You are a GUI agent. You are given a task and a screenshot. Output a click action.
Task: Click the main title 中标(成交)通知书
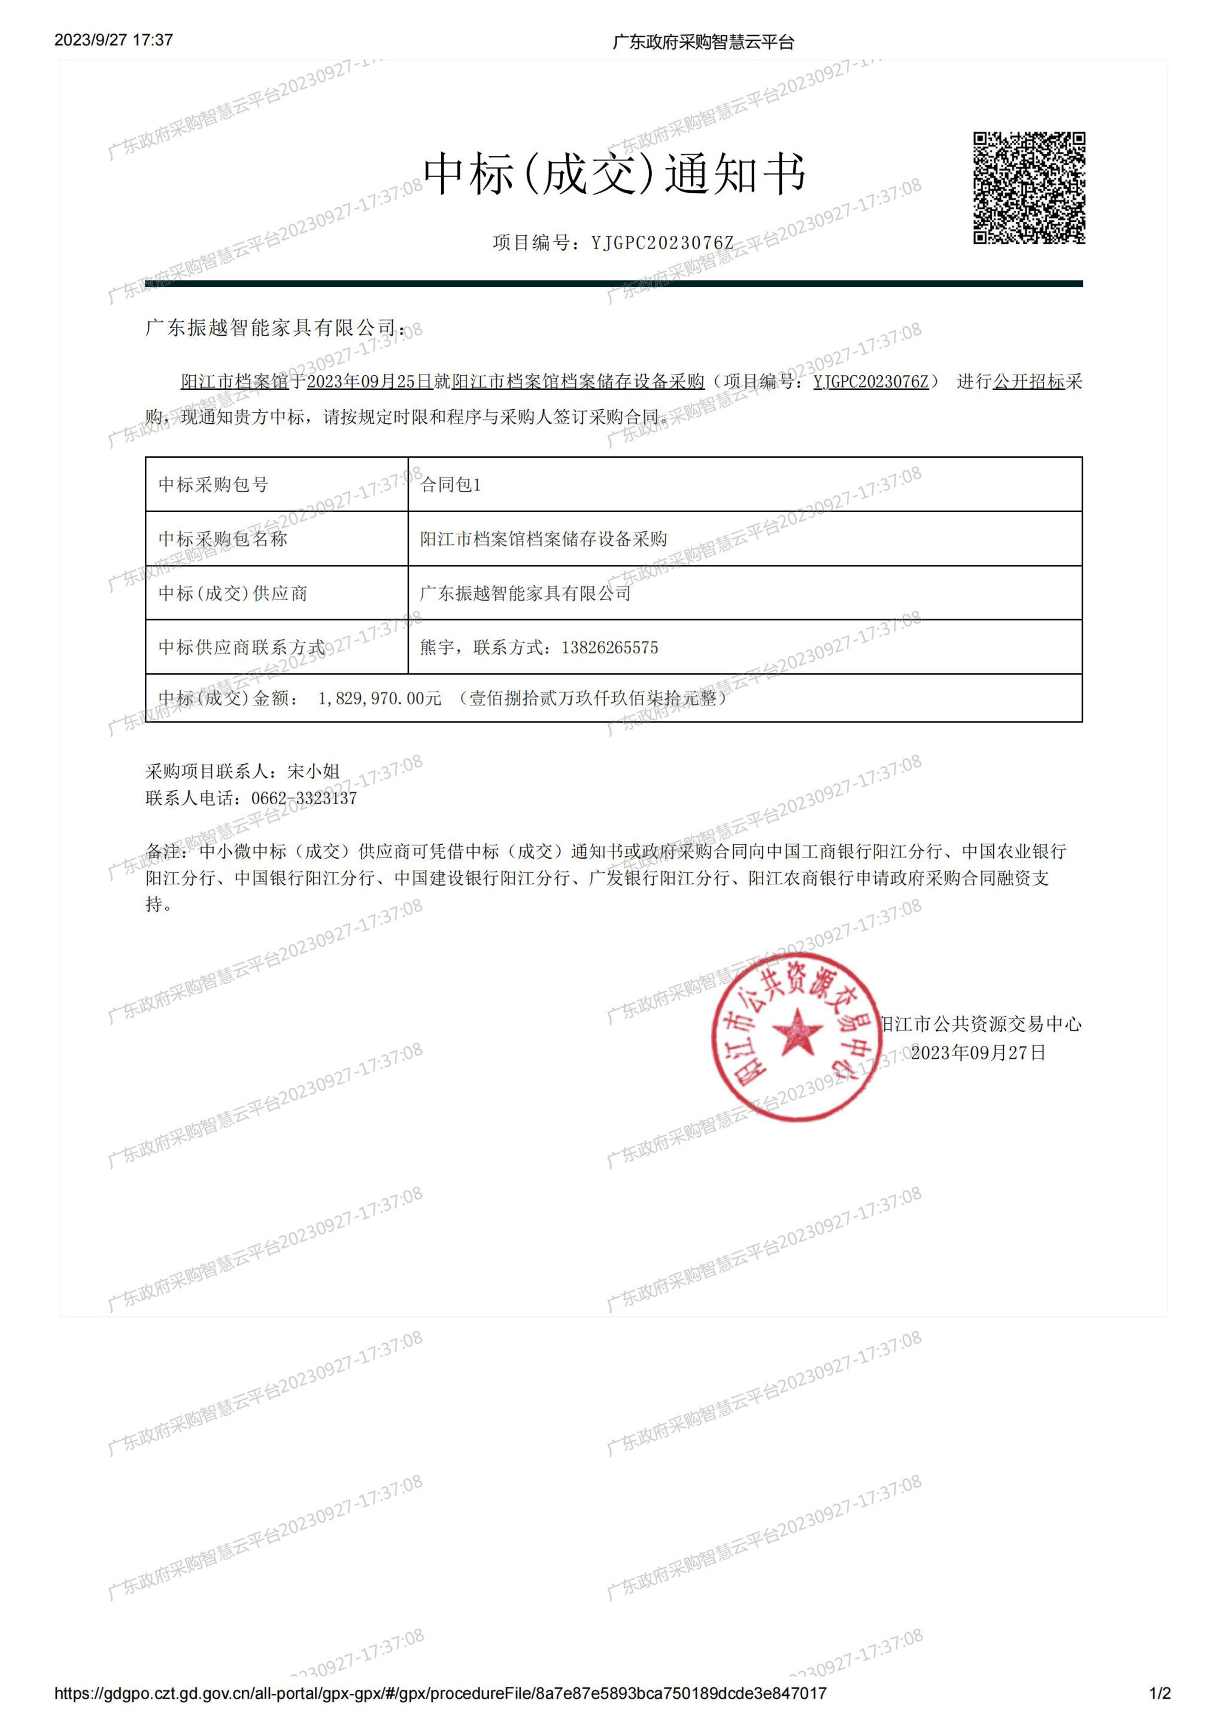click(x=614, y=174)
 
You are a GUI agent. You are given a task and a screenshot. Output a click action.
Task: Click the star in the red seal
click(x=796, y=1032)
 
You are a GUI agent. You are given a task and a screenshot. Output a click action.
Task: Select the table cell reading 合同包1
click(x=450, y=485)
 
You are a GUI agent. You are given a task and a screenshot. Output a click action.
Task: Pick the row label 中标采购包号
click(x=213, y=485)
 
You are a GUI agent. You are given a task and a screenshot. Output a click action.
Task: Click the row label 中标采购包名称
click(x=223, y=539)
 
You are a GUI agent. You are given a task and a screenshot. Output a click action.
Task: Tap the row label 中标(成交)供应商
click(x=233, y=594)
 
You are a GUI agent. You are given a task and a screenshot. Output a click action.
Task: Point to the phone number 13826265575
click(x=609, y=648)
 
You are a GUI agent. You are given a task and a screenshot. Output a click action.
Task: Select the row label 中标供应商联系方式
click(x=242, y=648)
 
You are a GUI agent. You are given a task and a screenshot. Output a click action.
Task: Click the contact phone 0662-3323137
click(x=304, y=798)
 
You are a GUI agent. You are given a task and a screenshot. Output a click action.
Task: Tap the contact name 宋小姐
click(x=314, y=771)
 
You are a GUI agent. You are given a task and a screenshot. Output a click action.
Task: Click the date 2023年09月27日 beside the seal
click(x=978, y=1053)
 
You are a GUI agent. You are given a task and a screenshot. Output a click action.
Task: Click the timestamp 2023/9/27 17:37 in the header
click(x=113, y=40)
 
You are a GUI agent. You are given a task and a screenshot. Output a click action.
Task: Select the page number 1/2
click(x=1160, y=1694)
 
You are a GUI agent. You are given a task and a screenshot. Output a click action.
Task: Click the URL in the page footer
click(x=441, y=1694)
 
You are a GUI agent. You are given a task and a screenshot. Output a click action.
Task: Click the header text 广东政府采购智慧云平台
click(x=703, y=42)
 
